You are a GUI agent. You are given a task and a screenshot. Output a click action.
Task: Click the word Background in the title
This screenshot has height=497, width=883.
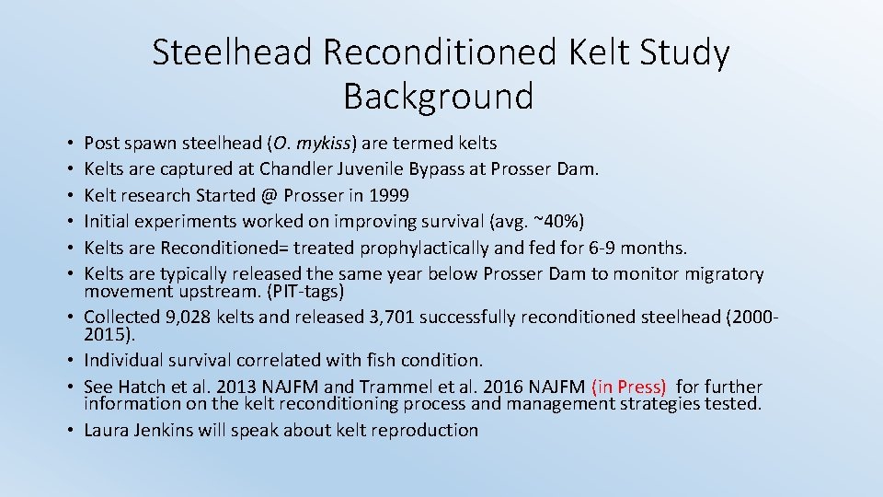[438, 96]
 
